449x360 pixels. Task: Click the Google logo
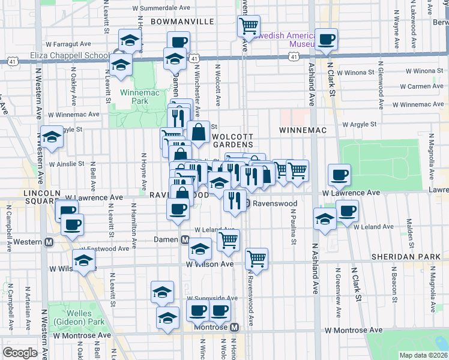point(20,353)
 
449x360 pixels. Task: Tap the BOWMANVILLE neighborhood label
point(182,21)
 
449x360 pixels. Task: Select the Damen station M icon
point(186,239)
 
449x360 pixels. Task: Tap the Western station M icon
point(50,242)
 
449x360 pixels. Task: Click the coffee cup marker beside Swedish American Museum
point(327,40)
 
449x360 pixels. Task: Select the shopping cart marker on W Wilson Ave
point(256,259)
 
